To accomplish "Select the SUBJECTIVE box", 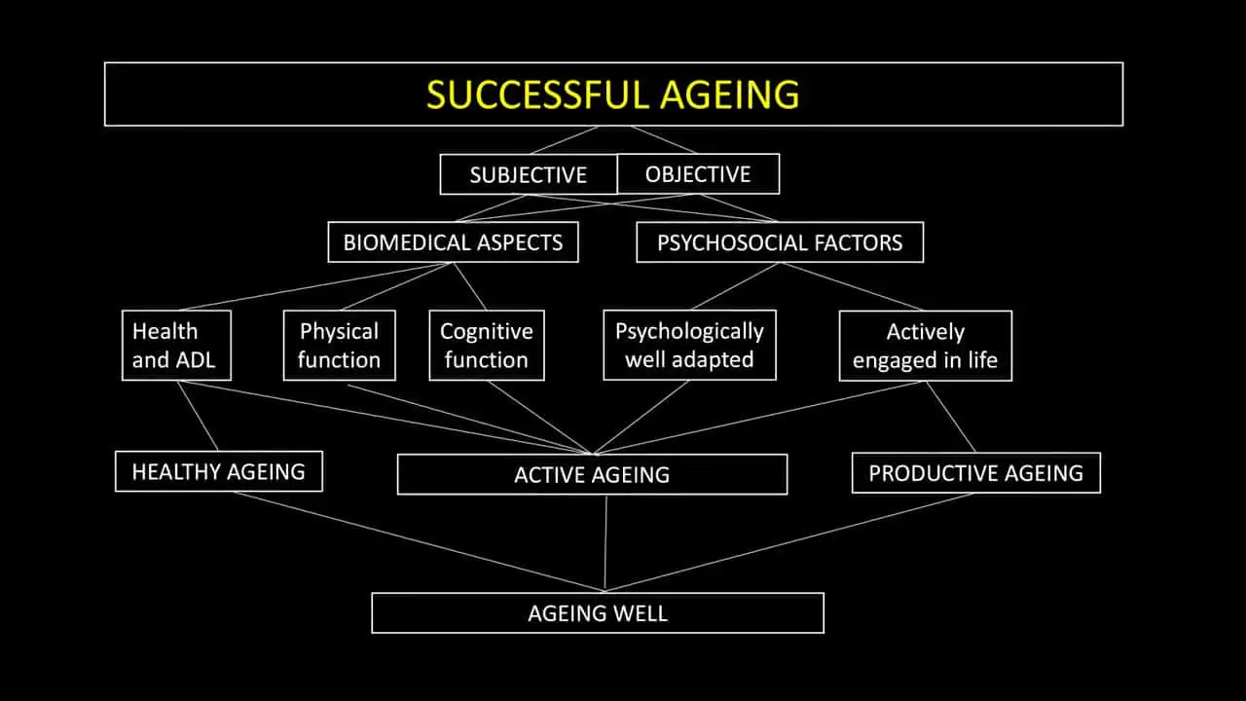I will point(529,174).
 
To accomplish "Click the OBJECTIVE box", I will point(698,174).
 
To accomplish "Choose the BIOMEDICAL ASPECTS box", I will point(453,242).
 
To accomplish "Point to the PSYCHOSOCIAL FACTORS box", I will point(780,242).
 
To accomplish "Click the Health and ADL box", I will point(176,346).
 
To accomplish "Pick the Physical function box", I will point(339,346).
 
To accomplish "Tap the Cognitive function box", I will point(486,346).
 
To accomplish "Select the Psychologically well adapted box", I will point(689,346).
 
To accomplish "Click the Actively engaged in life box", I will point(925,346).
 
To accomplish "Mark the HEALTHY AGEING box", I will point(218,471).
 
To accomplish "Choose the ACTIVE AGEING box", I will point(592,475).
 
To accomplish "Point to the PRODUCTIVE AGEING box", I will point(975,473).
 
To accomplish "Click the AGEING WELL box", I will point(598,613).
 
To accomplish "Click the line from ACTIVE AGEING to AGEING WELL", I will point(605,542).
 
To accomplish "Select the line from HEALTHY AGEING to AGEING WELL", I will point(419,540).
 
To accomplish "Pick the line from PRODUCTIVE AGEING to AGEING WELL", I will point(788,541).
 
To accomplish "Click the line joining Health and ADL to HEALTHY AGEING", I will point(199,417).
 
